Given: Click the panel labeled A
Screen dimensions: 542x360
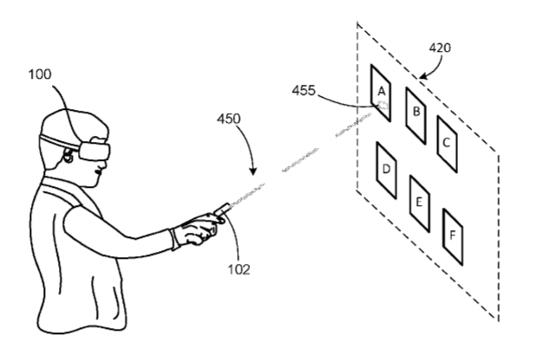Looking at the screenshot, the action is pos(381,93).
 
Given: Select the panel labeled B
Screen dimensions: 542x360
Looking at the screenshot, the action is pos(416,115).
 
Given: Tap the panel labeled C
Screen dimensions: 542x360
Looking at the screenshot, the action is pos(447,144).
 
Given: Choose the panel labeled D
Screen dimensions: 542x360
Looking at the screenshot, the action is pos(386,170).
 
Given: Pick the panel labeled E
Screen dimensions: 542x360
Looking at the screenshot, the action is pos(420,203).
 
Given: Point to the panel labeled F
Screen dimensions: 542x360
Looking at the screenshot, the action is pos(453,236).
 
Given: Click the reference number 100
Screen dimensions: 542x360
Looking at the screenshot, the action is pos(40,74).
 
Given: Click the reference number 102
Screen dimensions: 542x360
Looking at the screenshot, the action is pos(239,269).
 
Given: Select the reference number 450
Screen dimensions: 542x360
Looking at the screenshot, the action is pos(229,119).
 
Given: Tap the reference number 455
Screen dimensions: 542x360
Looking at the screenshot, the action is pos(304,91).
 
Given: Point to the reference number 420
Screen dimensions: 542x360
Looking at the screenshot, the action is pos(440,48).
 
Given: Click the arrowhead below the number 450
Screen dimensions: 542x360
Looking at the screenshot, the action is pos(254,171).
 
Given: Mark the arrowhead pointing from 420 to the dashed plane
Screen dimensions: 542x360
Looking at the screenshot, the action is pos(423,76).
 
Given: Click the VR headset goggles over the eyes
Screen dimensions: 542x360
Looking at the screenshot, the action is pos(94,151).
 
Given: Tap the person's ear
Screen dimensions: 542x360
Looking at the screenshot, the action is pos(68,156).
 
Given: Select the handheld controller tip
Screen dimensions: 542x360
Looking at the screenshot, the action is pos(228,205).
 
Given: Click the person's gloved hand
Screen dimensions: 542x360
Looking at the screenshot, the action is pos(196,228).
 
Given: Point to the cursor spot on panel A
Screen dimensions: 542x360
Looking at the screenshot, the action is pos(383,105).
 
